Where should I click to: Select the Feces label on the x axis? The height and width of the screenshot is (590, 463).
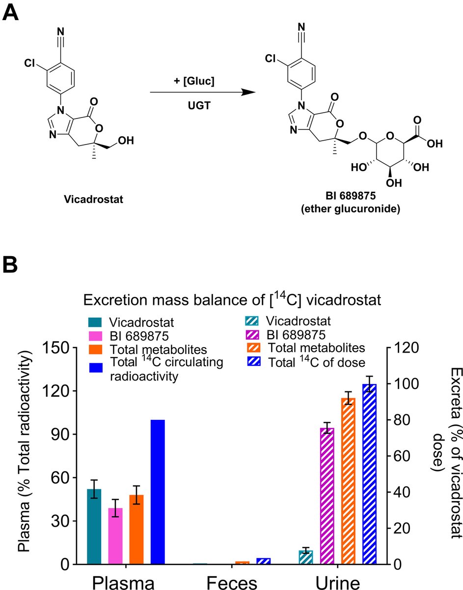[x=232, y=582]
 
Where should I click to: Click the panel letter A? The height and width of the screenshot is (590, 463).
[x=11, y=12]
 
